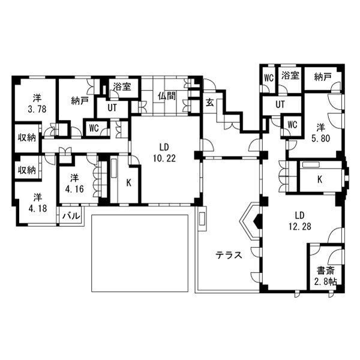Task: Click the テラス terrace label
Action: [x=229, y=255]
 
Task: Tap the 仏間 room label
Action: [x=167, y=96]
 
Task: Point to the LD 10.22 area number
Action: [x=164, y=158]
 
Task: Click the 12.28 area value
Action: [x=300, y=227]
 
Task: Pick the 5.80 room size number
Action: [x=320, y=138]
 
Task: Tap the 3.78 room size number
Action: [x=37, y=109]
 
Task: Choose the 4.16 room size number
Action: [x=74, y=189]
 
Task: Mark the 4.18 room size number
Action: [x=38, y=208]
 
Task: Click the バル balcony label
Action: [x=71, y=216]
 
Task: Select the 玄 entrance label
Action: [x=210, y=102]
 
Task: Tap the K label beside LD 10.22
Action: [x=129, y=183]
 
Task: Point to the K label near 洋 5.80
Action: [x=320, y=179]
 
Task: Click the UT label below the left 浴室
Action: [x=112, y=107]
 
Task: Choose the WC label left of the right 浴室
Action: [x=269, y=78]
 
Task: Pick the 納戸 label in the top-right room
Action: [x=323, y=77]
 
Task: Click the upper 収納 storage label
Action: [x=27, y=138]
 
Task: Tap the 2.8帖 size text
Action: [x=325, y=281]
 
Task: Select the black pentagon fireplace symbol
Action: [x=257, y=221]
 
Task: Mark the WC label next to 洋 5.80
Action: [x=292, y=125]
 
